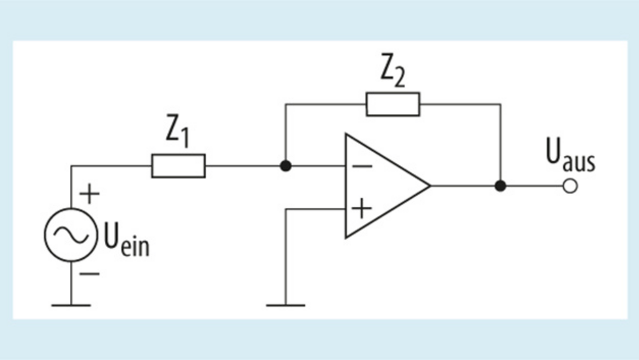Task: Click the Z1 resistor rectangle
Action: [178, 166]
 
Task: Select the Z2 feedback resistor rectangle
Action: [393, 104]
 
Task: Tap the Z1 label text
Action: [177, 135]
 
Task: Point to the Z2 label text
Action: [392, 74]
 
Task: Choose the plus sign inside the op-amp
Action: [362, 209]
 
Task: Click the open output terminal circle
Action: [570, 186]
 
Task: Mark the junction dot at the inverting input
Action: [286, 166]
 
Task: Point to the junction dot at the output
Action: [500, 186]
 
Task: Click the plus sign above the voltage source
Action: [90, 194]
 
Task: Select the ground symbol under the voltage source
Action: [71, 305]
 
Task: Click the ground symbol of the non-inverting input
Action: [286, 305]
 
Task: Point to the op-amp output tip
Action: [429, 186]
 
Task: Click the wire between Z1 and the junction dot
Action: [245, 166]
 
